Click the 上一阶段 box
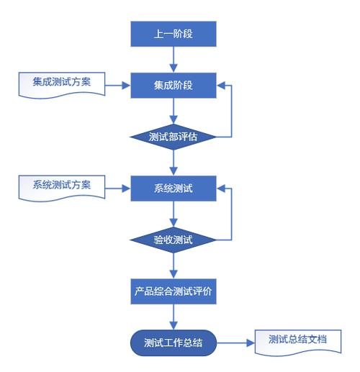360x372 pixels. (174, 34)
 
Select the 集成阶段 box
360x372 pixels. (174, 86)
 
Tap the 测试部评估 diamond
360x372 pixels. (174, 137)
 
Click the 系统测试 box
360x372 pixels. (174, 189)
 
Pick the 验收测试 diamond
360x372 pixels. (174, 240)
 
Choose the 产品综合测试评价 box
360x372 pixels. (174, 291)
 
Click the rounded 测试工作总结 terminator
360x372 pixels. (174, 343)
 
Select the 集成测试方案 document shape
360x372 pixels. (62, 84)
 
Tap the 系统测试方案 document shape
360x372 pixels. (62, 187)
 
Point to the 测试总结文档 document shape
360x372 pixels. (298, 342)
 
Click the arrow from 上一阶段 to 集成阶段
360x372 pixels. (174, 60)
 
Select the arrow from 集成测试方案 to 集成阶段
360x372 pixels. (118, 86)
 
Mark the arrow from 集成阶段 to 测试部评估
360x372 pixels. (174, 111)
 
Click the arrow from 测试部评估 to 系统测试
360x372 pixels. (174, 163)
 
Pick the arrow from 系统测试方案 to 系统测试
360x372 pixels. (118, 189)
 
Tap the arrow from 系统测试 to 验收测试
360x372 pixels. (174, 214)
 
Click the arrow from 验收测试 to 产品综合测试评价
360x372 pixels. (174, 266)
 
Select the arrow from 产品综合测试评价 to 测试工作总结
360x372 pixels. (174, 317)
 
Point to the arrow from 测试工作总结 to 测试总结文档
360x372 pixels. (235, 343)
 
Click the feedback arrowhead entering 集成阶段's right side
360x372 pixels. (220, 86)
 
